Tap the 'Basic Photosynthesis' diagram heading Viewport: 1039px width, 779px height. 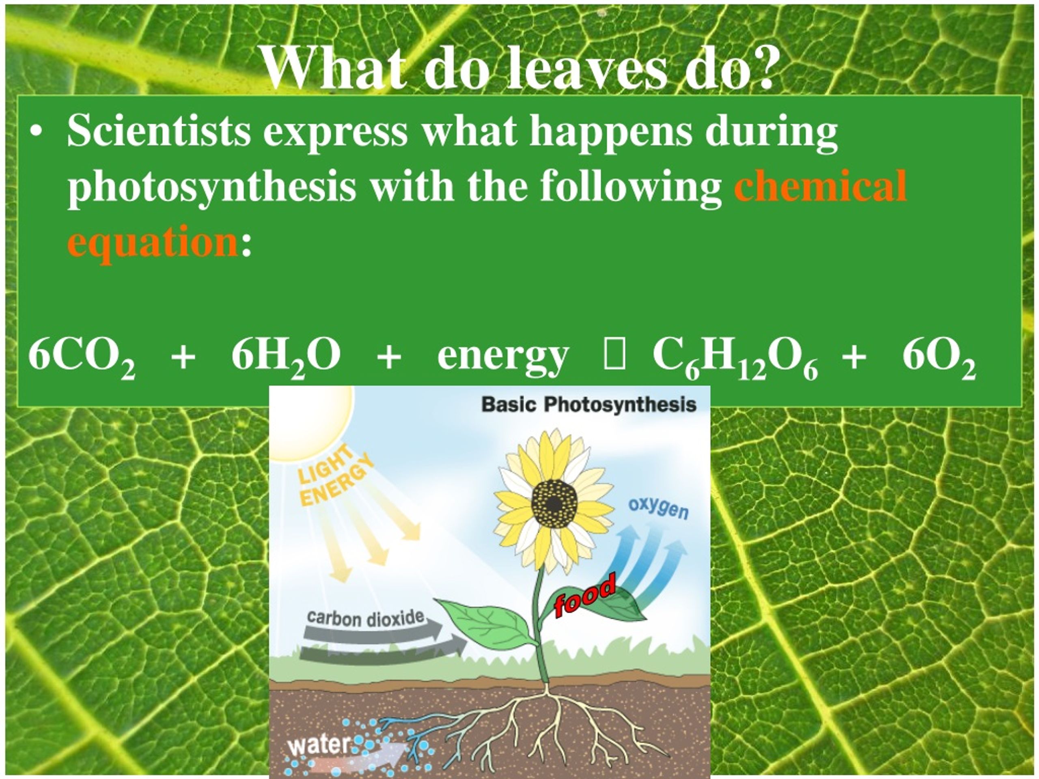tap(589, 405)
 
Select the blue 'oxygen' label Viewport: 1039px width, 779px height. tap(658, 508)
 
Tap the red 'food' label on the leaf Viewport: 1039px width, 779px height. tap(584, 595)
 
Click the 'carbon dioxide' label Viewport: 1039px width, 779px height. tap(365, 618)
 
